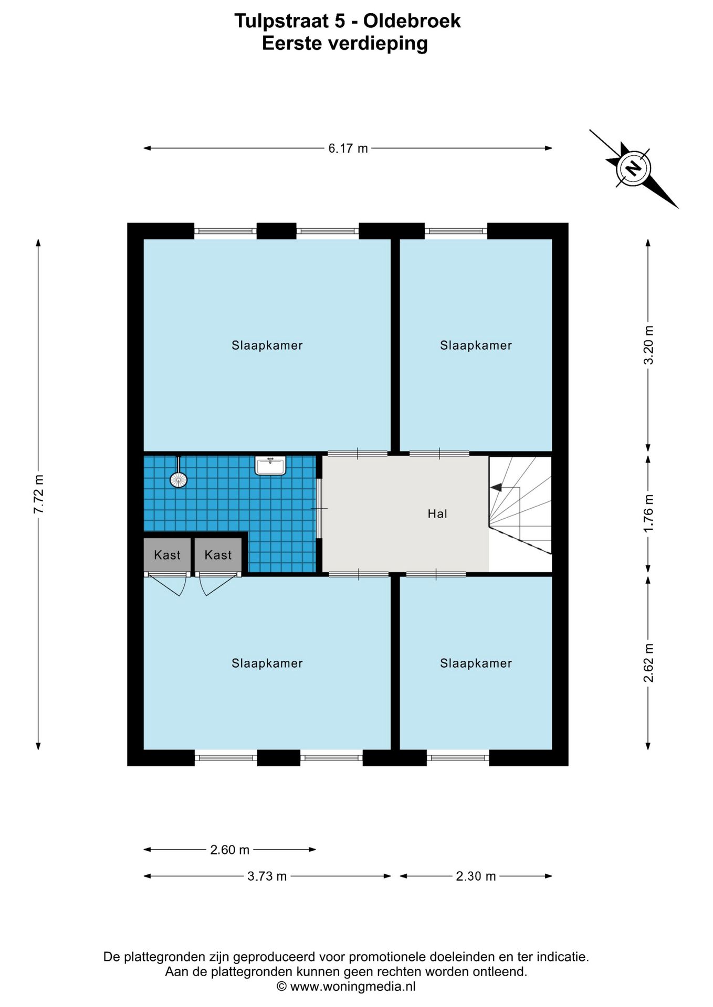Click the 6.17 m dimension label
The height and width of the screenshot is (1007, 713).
click(x=348, y=148)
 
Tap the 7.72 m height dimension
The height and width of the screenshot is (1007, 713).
click(x=39, y=494)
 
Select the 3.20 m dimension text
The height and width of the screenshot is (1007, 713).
click(x=649, y=345)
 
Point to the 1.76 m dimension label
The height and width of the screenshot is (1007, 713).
click(x=649, y=513)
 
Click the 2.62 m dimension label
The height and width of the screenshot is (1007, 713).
click(x=649, y=663)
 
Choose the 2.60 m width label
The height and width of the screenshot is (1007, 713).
click(x=229, y=850)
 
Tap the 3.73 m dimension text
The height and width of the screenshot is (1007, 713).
click(x=267, y=876)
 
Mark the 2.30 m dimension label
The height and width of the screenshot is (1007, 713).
click(x=476, y=876)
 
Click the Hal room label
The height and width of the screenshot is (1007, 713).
click(x=437, y=513)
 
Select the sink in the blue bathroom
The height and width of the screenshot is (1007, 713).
click(x=270, y=465)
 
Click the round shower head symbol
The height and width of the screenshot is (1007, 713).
click(x=179, y=480)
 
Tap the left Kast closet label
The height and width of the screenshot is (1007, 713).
click(x=167, y=555)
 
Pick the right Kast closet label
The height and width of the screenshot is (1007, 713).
click(x=218, y=555)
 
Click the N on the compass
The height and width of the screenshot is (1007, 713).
click(x=633, y=168)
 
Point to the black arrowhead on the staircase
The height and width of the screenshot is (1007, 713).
click(x=496, y=487)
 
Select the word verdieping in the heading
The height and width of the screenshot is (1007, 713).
click(x=378, y=44)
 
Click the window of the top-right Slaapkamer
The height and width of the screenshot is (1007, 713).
click(x=456, y=231)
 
